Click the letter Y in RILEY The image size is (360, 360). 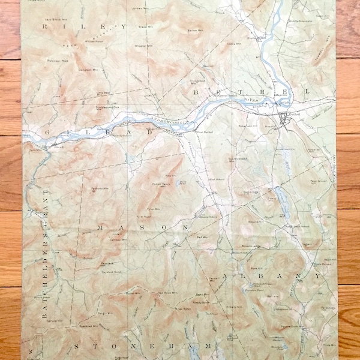point(124,27)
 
